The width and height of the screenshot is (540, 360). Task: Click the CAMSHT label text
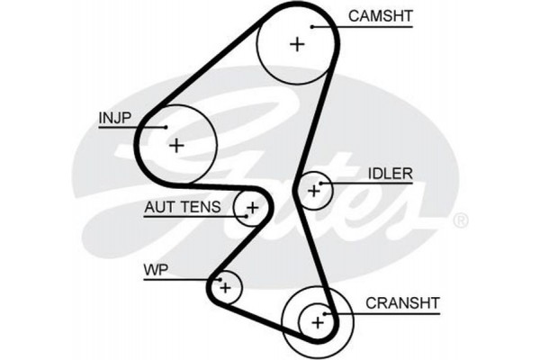click(x=380, y=15)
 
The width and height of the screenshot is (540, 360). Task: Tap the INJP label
click(x=115, y=117)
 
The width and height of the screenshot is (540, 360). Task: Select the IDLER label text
click(x=389, y=173)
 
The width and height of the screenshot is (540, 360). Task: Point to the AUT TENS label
click(x=181, y=208)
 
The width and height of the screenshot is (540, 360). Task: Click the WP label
click(x=155, y=270)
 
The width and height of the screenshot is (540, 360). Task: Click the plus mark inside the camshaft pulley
click(x=298, y=43)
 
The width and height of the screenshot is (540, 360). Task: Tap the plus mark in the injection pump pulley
click(x=176, y=144)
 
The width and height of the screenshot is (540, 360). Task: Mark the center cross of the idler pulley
click(x=314, y=190)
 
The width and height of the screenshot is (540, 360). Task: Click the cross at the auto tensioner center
click(x=253, y=209)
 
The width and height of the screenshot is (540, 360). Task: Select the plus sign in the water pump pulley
click(x=225, y=287)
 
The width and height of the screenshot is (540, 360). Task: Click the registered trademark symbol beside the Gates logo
click(x=460, y=220)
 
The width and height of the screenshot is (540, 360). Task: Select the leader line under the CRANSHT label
click(x=387, y=313)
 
